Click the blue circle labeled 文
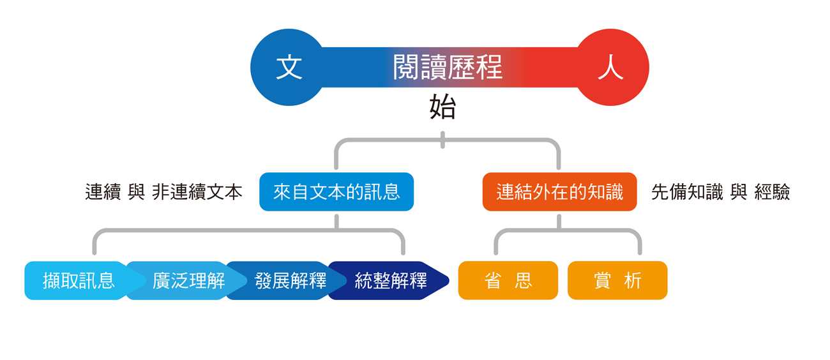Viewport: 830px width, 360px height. click(289, 68)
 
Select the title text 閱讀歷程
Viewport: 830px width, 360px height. click(448, 68)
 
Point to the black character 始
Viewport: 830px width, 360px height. click(442, 107)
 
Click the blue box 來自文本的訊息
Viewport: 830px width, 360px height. click(336, 192)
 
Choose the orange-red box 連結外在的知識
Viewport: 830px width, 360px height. click(559, 192)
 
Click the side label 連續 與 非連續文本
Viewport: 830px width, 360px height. click(163, 192)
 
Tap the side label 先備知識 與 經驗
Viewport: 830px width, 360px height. click(720, 192)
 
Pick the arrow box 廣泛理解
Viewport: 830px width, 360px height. click(187, 280)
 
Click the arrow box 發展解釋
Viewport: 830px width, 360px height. click(289, 280)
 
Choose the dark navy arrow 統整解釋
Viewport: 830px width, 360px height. click(389, 280)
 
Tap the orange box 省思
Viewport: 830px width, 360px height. click(508, 280)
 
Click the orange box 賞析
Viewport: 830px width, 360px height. click(617, 280)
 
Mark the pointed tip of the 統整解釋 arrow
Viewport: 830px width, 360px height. click(449, 280)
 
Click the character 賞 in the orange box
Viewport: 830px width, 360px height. click(602, 280)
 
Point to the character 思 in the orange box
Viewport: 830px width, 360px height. click(524, 280)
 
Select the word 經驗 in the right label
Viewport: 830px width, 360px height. click(772, 192)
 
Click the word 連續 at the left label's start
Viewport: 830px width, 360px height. click(103, 192)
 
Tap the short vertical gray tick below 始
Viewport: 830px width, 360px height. click(442, 140)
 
